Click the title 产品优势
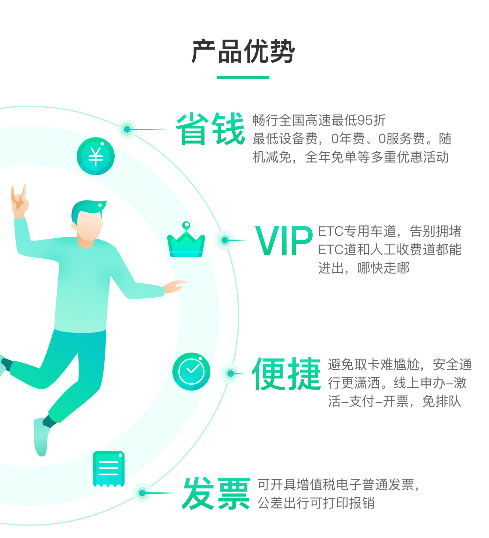[243, 52]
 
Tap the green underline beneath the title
[243, 77]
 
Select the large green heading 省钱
[210, 129]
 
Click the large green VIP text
[284, 241]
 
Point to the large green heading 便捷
[286, 374]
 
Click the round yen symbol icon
[96, 156]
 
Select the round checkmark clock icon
[191, 372]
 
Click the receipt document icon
[108, 469]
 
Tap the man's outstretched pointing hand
[175, 286]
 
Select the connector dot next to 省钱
[127, 129]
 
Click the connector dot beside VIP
[225, 240]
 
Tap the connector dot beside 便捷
[231, 374]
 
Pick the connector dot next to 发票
[142, 493]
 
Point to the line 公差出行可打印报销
[316, 503]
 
